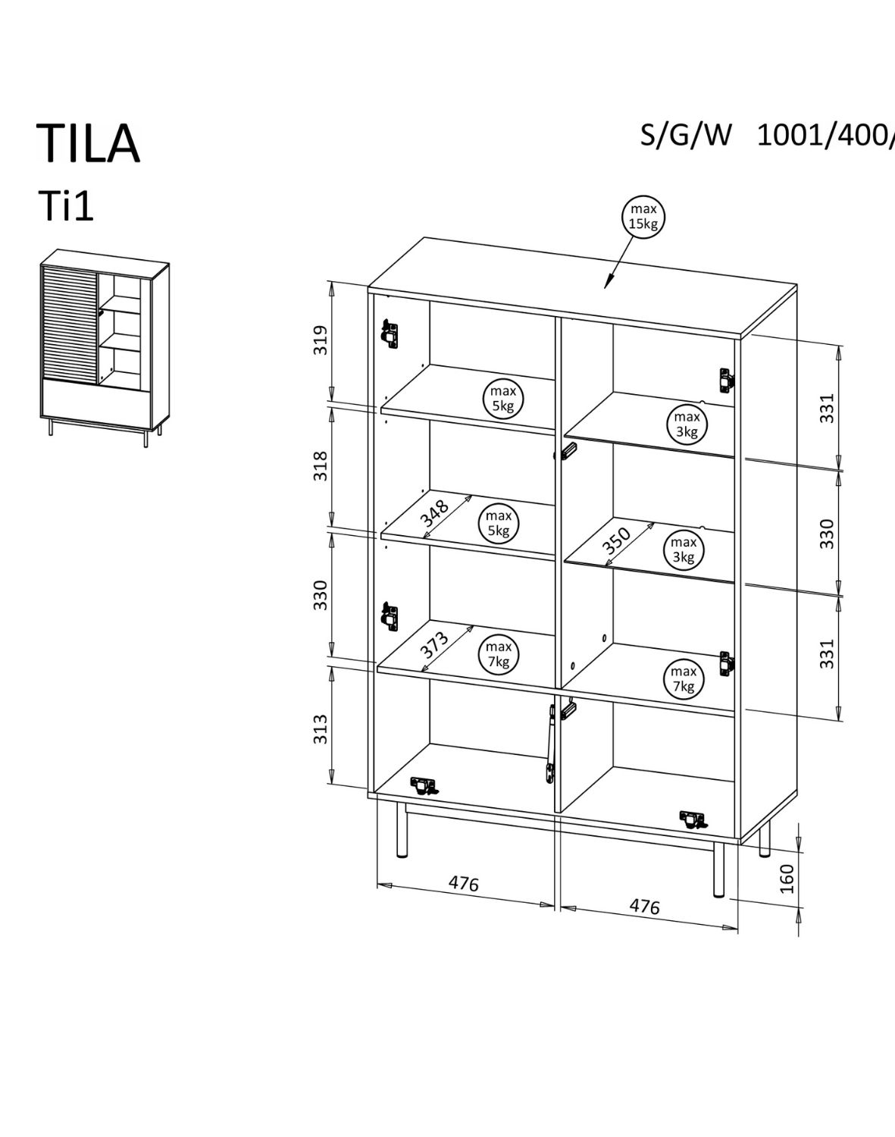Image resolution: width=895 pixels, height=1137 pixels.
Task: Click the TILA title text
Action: tap(88, 142)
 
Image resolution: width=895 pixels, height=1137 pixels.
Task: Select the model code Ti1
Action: tap(66, 206)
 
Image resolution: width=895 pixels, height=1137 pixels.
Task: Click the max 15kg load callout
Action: tap(643, 216)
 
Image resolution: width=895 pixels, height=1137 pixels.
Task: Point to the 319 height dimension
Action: tap(321, 340)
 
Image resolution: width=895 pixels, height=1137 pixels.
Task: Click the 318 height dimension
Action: tap(321, 465)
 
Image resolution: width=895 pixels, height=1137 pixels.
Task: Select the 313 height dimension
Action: tap(321, 728)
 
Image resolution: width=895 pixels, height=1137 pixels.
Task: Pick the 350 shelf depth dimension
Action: tap(617, 540)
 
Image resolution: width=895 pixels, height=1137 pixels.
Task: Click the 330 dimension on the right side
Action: tap(827, 534)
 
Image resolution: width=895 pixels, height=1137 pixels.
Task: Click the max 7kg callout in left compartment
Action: tap(499, 653)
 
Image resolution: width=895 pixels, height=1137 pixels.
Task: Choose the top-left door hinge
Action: tap(390, 332)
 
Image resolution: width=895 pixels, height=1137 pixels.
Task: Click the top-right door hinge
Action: tap(726, 380)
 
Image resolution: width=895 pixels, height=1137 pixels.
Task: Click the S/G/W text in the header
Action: tap(687, 135)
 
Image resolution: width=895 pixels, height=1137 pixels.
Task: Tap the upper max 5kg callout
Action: tap(502, 397)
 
